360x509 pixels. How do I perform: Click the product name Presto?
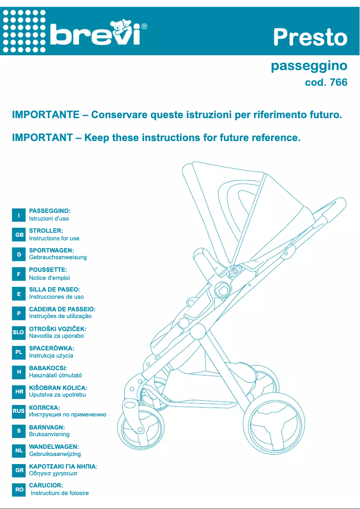click(310, 37)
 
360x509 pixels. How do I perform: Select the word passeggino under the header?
click(309, 66)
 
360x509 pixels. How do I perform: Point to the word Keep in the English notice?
click(97, 137)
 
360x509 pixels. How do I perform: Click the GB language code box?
click(19, 235)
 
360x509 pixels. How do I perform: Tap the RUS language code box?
click(19, 411)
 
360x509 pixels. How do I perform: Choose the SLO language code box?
click(19, 332)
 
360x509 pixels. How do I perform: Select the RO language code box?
click(19, 490)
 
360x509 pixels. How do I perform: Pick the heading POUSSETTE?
click(48, 270)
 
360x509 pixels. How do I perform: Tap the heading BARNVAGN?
click(47, 427)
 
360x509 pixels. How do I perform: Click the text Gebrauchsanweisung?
click(58, 257)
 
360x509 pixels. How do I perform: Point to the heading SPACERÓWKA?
click(52, 348)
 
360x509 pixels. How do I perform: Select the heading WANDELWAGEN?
click(54, 447)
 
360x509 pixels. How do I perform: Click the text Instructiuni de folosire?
click(60, 493)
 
